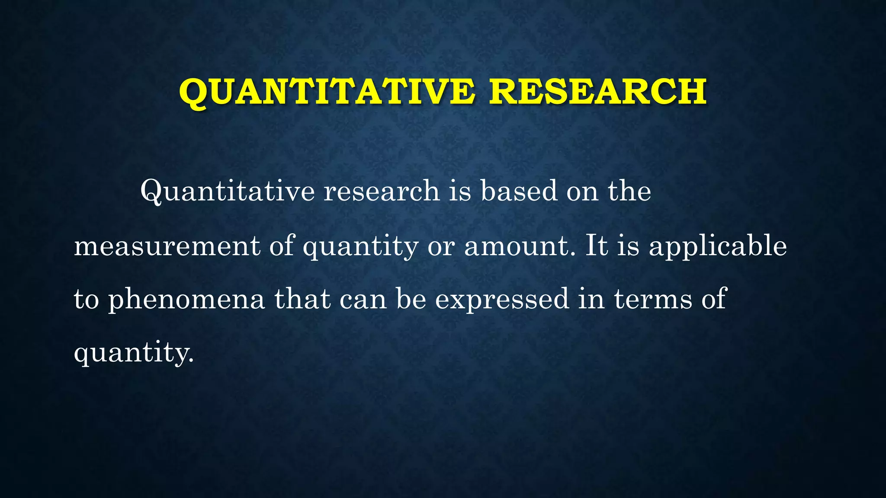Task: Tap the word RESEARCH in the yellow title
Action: point(598,92)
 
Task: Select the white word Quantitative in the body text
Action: point(228,191)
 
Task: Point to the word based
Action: point(519,191)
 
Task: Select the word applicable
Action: point(718,246)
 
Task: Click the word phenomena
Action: point(186,299)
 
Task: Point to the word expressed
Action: point(502,299)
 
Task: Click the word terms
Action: point(653,299)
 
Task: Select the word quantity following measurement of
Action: point(360,246)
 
